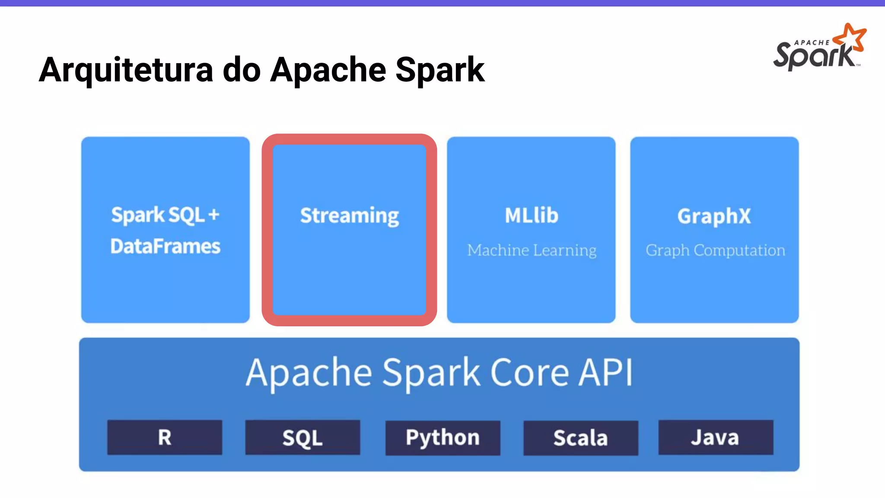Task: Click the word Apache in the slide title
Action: pyautogui.click(x=328, y=70)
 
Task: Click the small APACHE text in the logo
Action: pyautogui.click(x=812, y=43)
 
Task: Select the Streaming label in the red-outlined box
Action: pyautogui.click(x=349, y=216)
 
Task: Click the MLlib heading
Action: pyautogui.click(x=531, y=215)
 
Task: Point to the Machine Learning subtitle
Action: pyautogui.click(x=532, y=250)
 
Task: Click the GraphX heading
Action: pyautogui.click(x=714, y=216)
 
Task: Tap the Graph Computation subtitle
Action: pyautogui.click(x=715, y=250)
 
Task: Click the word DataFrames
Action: pyautogui.click(x=165, y=246)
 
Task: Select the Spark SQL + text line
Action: pyautogui.click(x=165, y=215)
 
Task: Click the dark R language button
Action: pyautogui.click(x=165, y=437)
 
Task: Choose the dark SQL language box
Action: pyautogui.click(x=302, y=437)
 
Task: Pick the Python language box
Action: pyautogui.click(x=442, y=437)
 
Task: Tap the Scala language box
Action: pyautogui.click(x=580, y=437)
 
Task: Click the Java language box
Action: pyautogui.click(x=715, y=437)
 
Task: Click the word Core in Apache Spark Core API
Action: pyautogui.click(x=529, y=373)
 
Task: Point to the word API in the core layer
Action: pyautogui.click(x=606, y=373)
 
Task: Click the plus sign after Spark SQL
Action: pyautogui.click(x=213, y=215)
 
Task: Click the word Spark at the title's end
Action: pyautogui.click(x=440, y=70)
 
